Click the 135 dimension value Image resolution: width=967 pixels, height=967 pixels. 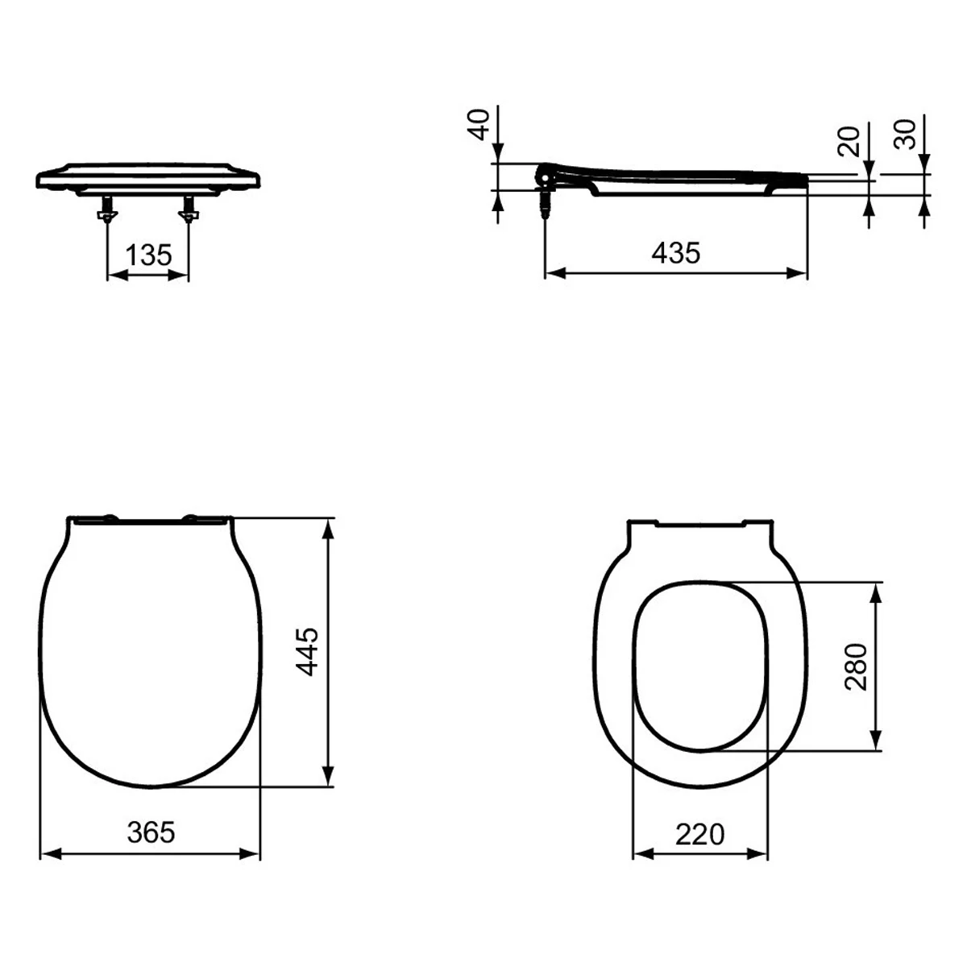click(x=148, y=255)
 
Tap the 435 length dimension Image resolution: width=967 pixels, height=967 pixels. click(x=675, y=253)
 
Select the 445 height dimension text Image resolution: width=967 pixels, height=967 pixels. click(x=306, y=651)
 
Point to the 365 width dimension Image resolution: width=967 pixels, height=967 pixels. click(x=151, y=832)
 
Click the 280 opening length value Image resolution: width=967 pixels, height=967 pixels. click(x=856, y=667)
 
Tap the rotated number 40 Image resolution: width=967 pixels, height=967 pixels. click(x=478, y=124)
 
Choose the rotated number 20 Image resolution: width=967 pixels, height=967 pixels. click(x=849, y=142)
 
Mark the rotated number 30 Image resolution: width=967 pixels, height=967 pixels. click(x=905, y=134)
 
